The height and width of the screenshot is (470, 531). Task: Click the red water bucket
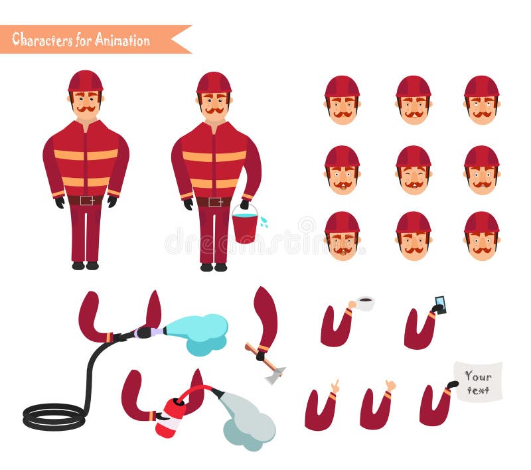click(x=244, y=227)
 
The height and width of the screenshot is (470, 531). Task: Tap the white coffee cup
click(x=364, y=304)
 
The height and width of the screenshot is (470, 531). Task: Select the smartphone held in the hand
click(x=440, y=304)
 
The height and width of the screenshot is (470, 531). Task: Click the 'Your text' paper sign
click(x=478, y=381)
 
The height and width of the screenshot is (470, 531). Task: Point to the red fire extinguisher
click(x=171, y=417)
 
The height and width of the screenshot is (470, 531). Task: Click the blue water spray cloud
click(x=198, y=332)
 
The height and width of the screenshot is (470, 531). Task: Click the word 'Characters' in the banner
click(x=41, y=39)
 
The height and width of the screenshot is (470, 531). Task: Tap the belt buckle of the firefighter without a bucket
click(x=85, y=200)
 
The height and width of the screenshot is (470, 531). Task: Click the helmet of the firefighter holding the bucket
click(x=214, y=83)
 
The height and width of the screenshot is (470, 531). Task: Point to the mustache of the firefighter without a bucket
click(x=86, y=109)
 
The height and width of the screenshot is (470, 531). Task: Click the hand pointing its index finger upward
click(x=335, y=386)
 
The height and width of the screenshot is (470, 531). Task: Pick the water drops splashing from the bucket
click(x=264, y=222)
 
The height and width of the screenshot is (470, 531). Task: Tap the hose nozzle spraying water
click(x=149, y=331)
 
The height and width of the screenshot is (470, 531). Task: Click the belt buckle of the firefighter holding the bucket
click(x=214, y=202)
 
